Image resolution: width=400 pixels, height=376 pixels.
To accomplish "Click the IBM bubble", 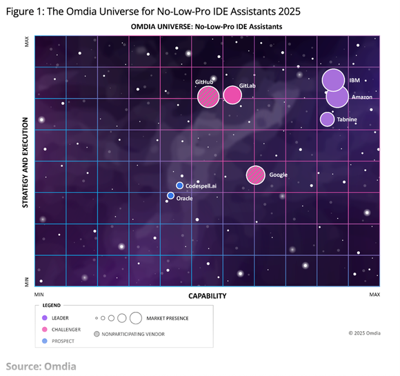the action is point(333,80).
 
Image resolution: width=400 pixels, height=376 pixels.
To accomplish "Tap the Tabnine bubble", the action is point(328,119).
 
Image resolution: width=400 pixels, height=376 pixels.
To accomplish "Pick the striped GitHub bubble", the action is point(208,97).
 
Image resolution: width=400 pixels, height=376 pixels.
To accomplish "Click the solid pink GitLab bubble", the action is point(232,95).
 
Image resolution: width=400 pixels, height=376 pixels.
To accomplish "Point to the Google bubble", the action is point(256,175).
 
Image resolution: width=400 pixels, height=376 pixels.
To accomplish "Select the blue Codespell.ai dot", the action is point(179,186).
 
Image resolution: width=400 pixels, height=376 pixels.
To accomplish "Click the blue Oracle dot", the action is point(170,196).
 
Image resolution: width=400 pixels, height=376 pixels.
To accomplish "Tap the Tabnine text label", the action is point(347,119).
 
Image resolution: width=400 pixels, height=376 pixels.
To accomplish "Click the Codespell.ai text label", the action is point(201,186).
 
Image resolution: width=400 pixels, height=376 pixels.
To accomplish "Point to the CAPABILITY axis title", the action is point(208,296).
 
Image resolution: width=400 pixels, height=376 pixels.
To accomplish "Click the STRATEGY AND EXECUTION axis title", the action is point(25,163).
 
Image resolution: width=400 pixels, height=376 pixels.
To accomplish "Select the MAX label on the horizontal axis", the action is point(374,295).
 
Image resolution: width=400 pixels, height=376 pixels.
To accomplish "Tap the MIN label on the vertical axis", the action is point(26,281).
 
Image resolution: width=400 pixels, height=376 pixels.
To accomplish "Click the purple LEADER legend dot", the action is point(45,318).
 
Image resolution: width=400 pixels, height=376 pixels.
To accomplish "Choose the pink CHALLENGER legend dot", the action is point(45,329).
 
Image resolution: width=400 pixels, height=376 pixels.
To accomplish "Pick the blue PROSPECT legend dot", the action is point(45,341).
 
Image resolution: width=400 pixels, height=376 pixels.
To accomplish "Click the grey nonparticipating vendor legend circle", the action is point(97,334).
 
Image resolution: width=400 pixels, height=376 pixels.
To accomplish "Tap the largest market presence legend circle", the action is point(136,318).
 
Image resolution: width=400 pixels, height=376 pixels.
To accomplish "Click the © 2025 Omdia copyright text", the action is point(365,333).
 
